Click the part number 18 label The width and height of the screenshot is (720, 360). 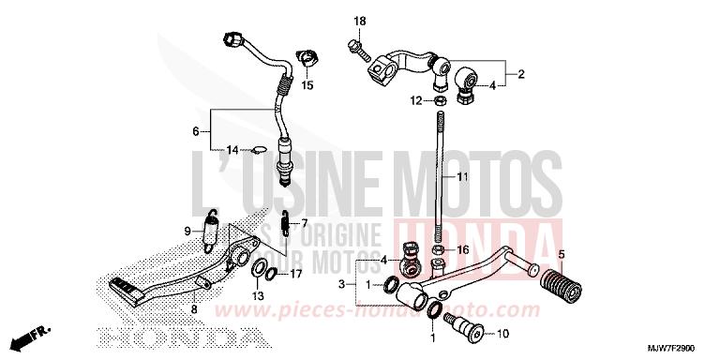(359, 22)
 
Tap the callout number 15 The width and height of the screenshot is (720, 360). (307, 85)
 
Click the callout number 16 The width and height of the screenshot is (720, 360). (463, 250)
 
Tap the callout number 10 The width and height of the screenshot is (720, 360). (502, 334)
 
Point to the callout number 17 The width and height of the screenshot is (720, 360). (295, 275)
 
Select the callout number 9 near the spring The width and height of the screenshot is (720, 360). (187, 230)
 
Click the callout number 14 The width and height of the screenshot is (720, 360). (232, 148)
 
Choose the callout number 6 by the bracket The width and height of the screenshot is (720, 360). (196, 130)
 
